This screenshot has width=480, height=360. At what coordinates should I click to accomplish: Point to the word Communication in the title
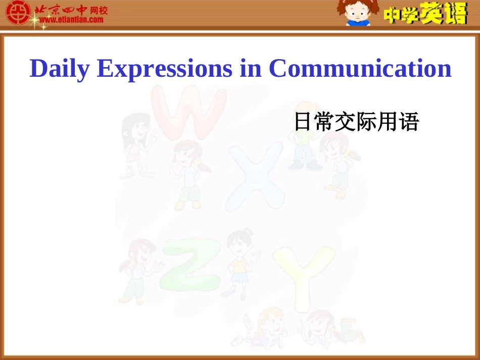[360, 69]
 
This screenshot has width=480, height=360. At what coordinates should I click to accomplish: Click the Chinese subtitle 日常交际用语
[356, 122]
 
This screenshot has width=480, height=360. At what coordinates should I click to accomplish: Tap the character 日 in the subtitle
[302, 122]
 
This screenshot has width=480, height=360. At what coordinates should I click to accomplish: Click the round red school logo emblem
[18, 13]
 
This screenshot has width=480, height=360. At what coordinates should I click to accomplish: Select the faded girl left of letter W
[135, 146]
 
